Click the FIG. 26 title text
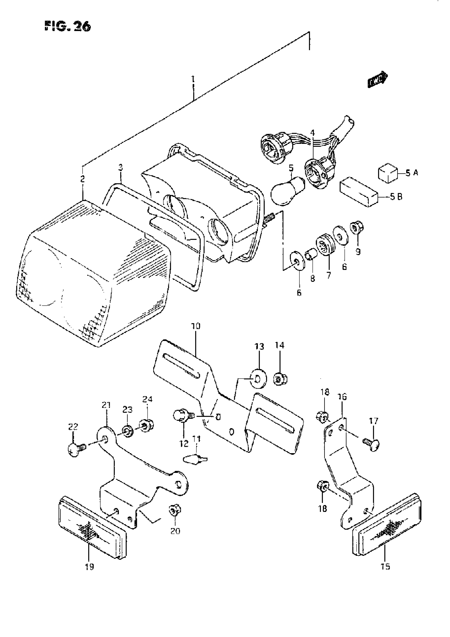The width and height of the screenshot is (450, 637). (67, 27)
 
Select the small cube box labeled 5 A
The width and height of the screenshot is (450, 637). (388, 173)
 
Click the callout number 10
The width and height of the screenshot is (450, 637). (195, 326)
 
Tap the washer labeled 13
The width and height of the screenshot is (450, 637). (258, 378)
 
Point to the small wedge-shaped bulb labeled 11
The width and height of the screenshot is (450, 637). (196, 460)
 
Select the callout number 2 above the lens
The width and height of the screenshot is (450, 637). (82, 179)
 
